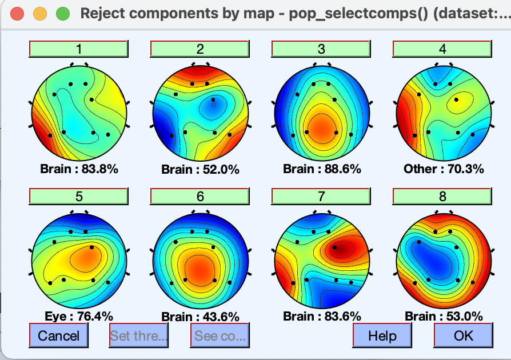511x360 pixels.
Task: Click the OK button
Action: click(463, 335)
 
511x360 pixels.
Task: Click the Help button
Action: click(382, 335)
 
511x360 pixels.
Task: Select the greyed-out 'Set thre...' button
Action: click(139, 335)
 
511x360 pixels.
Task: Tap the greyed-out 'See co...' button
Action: click(220, 335)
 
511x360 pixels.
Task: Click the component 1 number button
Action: click(79, 49)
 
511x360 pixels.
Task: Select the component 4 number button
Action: click(442, 49)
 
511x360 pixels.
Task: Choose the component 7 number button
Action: click(321, 196)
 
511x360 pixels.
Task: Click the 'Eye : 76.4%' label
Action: click(78, 315)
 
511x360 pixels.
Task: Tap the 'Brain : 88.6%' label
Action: click(322, 169)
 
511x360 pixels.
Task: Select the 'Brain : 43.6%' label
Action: click(200, 316)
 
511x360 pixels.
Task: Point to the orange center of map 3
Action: click(321, 127)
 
